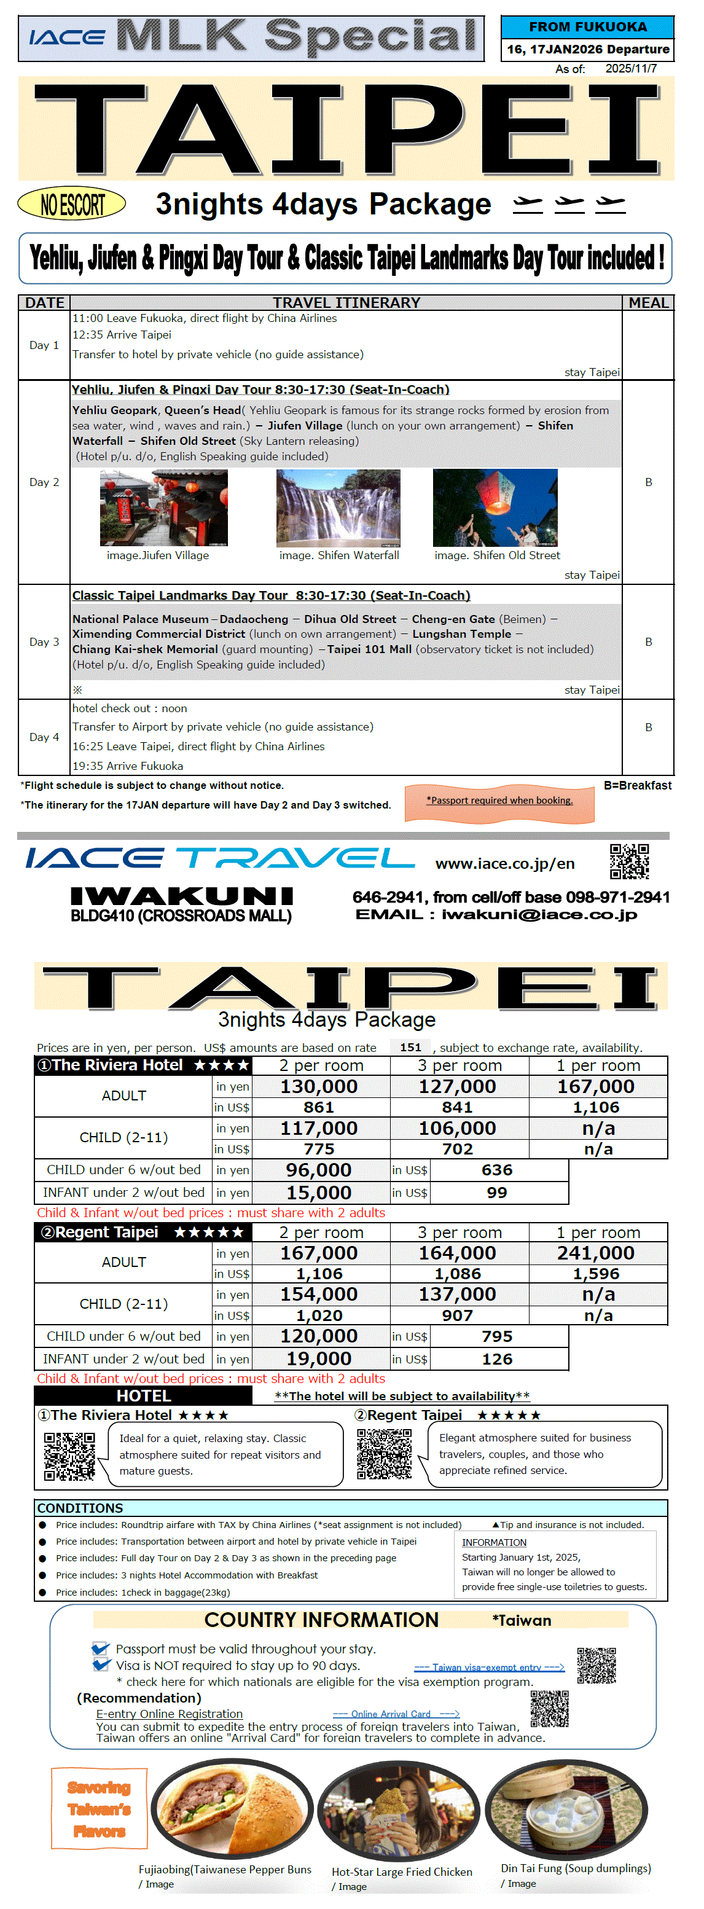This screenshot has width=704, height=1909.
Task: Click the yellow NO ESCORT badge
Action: coord(72,203)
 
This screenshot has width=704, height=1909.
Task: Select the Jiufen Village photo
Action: coord(164,508)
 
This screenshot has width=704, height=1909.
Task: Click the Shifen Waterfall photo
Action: coord(338,508)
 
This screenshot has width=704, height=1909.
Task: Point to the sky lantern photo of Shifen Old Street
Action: coord(495,508)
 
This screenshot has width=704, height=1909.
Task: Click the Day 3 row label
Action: coord(44,642)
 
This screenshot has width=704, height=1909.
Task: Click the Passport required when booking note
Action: coord(499,801)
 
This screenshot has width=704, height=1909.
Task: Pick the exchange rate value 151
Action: coord(410,1047)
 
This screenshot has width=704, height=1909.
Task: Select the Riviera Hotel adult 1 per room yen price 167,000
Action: coord(596,1086)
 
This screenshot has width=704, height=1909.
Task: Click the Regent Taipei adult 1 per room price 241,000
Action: coord(596,1253)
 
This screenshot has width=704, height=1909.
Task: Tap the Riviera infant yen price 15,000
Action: coord(319,1193)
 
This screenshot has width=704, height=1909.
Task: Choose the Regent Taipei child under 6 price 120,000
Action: coord(319,1336)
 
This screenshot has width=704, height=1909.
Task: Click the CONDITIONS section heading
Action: coord(80,1508)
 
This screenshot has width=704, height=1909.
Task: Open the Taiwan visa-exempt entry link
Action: coord(488,1668)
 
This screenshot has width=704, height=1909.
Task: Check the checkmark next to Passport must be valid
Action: coord(100,1649)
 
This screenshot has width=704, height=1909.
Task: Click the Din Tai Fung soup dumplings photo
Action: coord(567,1811)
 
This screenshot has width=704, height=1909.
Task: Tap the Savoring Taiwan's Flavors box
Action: coord(100,1809)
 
